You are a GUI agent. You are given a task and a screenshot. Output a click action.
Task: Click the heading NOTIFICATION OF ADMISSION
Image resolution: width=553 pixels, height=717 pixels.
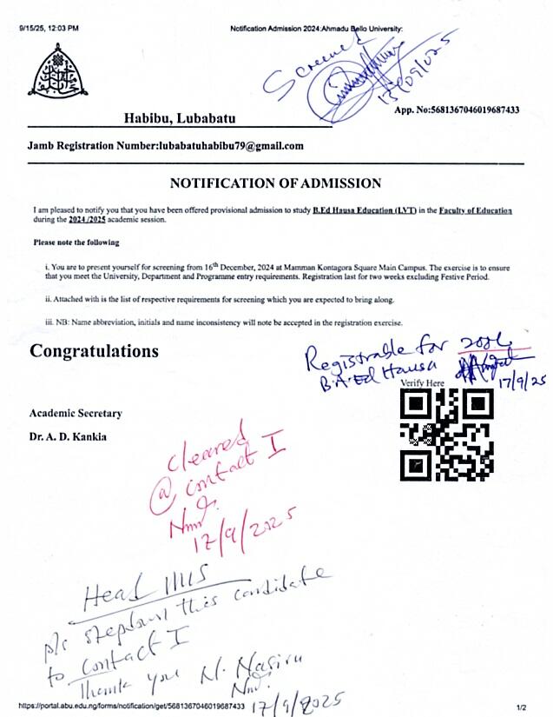pos(275,183)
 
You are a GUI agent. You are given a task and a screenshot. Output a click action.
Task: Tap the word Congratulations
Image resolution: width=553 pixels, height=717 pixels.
pos(95,351)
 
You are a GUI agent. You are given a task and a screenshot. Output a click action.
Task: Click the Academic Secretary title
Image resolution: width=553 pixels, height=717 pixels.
pos(76,413)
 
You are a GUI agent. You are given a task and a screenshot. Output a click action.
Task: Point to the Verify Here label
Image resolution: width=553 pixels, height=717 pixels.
pos(422,382)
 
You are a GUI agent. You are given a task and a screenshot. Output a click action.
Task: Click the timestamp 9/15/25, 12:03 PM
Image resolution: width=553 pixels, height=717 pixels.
pos(49,29)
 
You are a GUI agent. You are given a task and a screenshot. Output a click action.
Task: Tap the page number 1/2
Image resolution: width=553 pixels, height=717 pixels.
pos(522,707)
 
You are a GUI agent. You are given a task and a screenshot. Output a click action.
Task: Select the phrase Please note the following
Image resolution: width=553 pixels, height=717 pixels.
pos(76,242)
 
